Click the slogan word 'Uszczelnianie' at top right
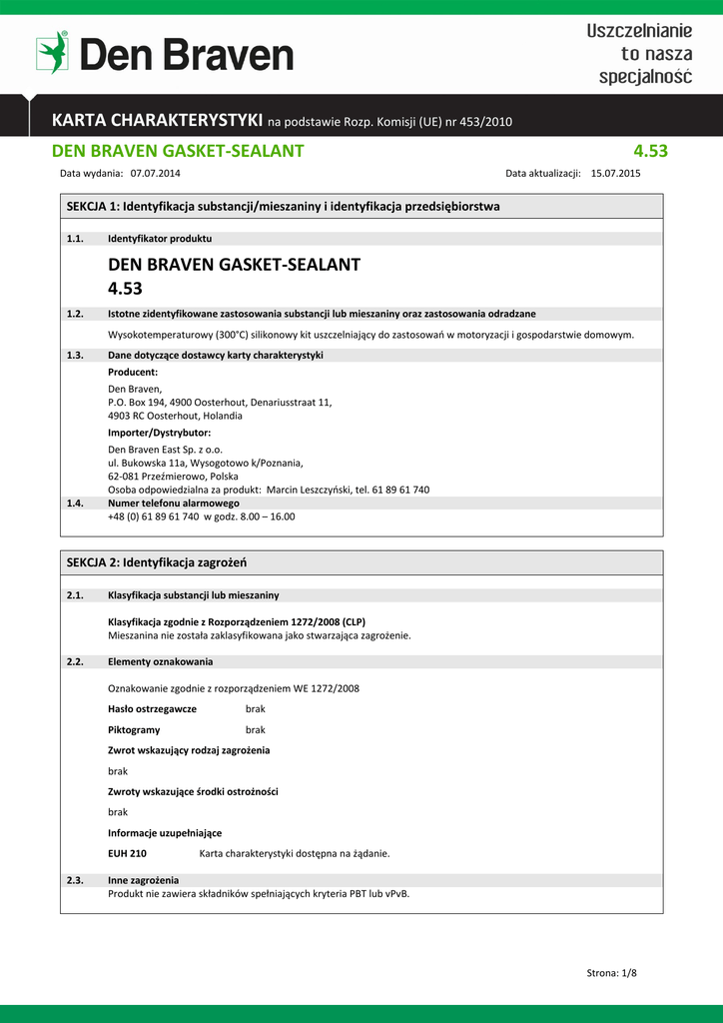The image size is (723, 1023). (x=639, y=32)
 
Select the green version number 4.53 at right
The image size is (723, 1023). (x=650, y=152)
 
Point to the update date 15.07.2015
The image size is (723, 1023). (x=616, y=173)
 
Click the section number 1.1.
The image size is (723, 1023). (x=74, y=239)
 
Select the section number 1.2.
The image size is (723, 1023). (x=74, y=314)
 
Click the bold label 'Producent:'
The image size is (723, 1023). (x=133, y=372)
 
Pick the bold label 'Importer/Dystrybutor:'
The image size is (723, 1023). (x=159, y=433)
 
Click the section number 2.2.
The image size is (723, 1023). (x=74, y=661)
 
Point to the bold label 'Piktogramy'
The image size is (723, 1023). (x=134, y=729)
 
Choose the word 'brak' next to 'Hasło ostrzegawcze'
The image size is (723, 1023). (x=256, y=708)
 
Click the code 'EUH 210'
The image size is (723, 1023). (x=127, y=853)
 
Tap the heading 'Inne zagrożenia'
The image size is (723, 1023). (x=144, y=880)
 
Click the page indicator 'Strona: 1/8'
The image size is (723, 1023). (x=611, y=972)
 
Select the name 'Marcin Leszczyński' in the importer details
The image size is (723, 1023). (x=309, y=490)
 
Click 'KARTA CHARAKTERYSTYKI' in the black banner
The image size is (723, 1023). (x=158, y=121)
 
